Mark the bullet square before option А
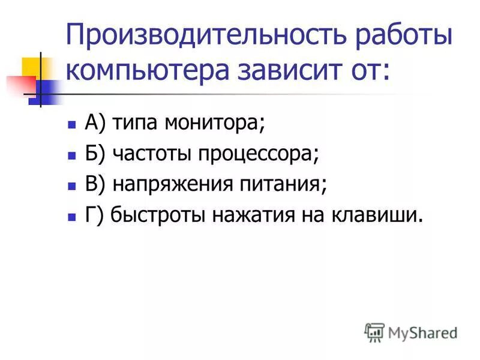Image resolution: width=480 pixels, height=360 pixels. tap(71, 125)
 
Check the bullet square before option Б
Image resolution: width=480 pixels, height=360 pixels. tap(71, 155)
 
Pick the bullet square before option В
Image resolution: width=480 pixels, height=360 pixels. tap(71, 185)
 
